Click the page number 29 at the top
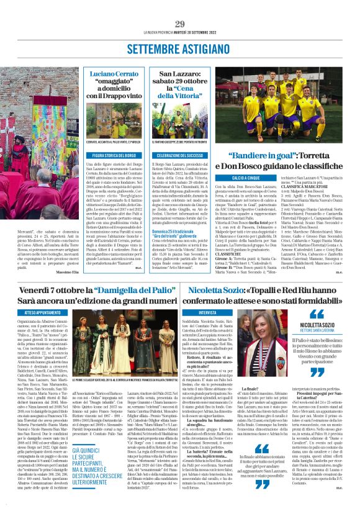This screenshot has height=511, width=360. click(x=180, y=24)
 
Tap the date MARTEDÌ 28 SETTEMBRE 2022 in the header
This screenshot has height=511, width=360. click(x=202, y=33)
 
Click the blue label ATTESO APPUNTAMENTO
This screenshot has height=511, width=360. click(x=51, y=312)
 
